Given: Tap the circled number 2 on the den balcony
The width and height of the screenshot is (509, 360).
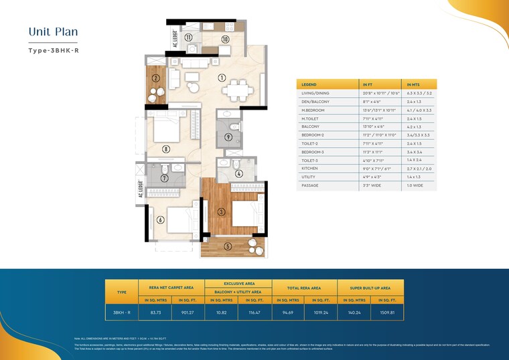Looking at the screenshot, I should (155, 78).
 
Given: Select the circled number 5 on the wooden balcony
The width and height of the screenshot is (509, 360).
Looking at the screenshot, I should (228, 246).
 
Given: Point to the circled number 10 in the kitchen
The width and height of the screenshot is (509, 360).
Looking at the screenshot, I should (226, 39).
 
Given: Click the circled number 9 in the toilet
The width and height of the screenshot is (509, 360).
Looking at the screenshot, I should (228, 137).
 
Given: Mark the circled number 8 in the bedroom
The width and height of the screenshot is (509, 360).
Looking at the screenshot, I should (166, 149).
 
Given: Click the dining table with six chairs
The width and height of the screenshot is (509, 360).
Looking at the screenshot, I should (238, 89).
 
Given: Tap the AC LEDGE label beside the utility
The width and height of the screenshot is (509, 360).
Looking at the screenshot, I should (175, 39).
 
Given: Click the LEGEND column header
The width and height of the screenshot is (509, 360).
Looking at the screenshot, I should (309, 84).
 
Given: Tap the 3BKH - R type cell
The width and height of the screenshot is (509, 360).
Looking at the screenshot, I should (122, 311).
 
